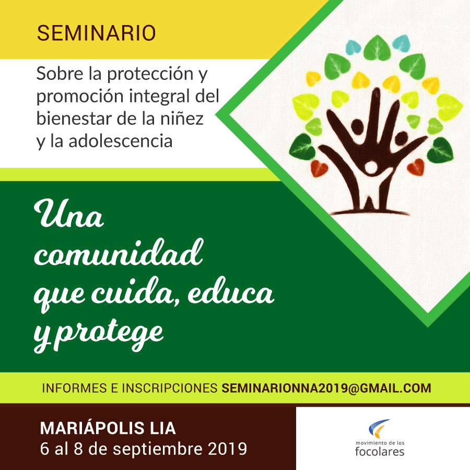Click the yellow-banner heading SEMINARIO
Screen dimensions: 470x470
(x=96, y=33)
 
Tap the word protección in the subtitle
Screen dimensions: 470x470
(x=150, y=74)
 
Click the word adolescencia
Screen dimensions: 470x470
(x=121, y=141)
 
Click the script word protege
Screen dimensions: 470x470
(x=110, y=334)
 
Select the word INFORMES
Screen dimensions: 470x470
(x=75, y=388)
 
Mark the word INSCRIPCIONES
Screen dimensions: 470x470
(x=169, y=388)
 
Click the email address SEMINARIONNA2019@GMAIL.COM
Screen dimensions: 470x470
(x=326, y=388)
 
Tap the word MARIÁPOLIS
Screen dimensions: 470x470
(x=92, y=428)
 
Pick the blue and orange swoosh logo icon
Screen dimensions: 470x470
(x=379, y=428)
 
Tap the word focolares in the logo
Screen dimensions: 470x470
(x=380, y=451)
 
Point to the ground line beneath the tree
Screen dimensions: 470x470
(x=370, y=212)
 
